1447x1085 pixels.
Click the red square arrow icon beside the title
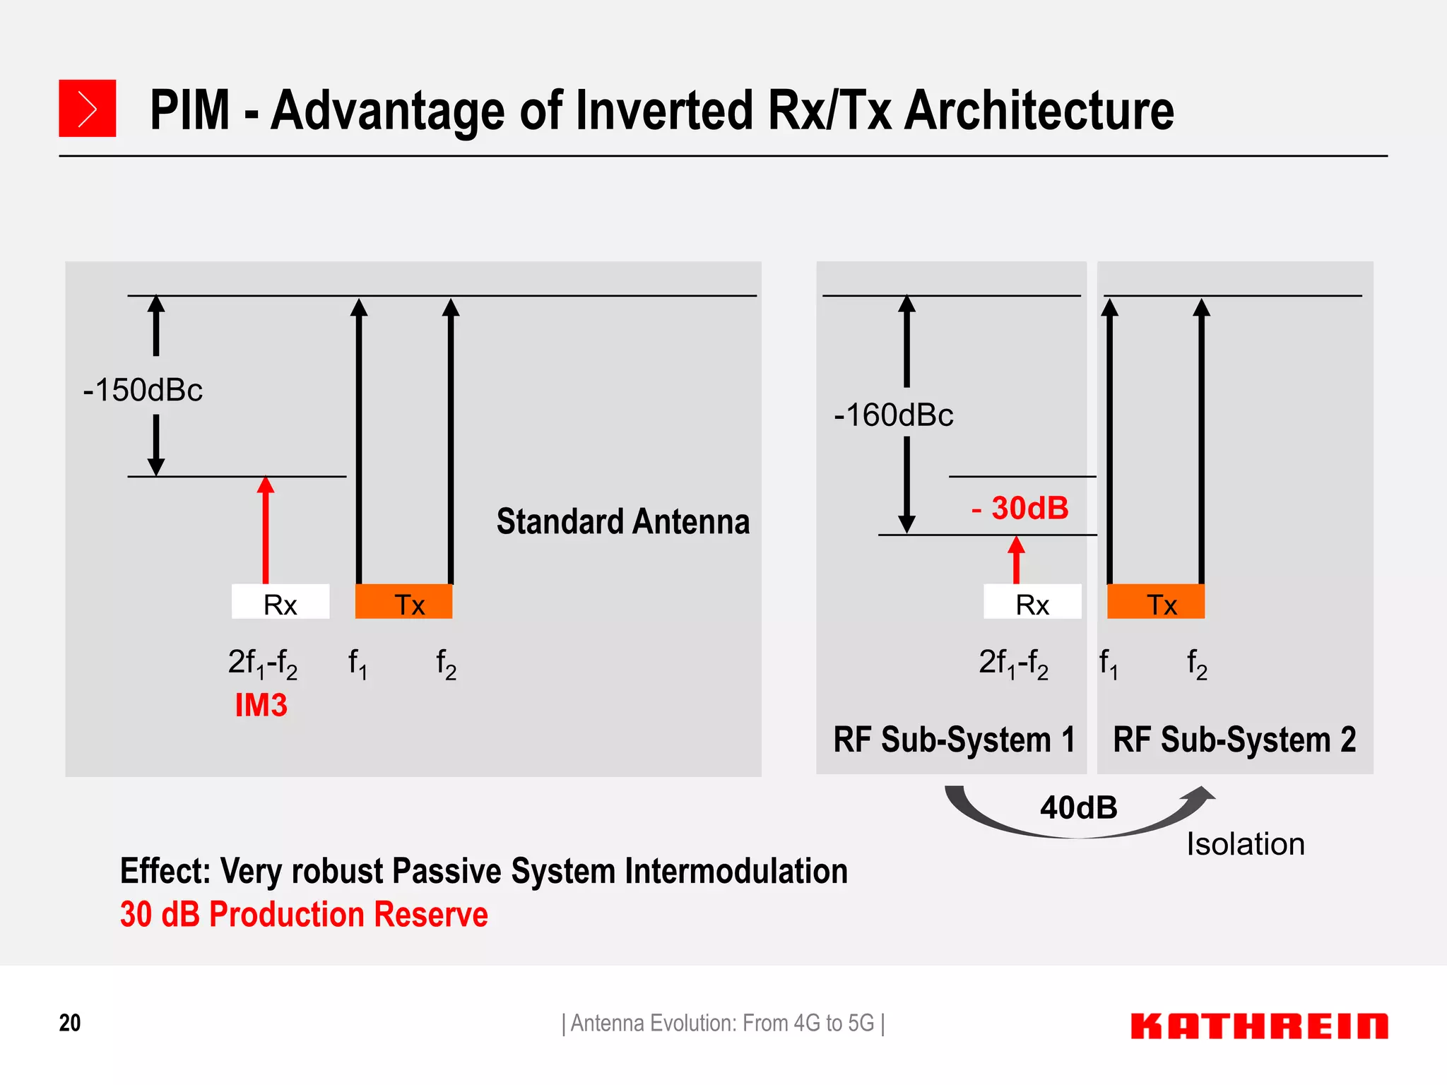(87, 108)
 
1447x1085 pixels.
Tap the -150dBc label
(143, 390)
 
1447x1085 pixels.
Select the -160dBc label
(893, 415)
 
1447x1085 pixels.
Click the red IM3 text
(261, 705)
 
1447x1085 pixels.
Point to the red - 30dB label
(1020, 508)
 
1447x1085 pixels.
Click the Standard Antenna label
(622, 522)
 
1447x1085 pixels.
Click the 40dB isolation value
(1078, 807)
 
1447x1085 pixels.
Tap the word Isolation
(1245, 844)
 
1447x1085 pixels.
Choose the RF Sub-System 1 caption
(954, 740)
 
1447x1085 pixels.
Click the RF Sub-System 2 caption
(1234, 740)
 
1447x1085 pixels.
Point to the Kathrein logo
(1258, 1026)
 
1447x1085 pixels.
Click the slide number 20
(70, 1023)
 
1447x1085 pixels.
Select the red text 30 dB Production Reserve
(304, 914)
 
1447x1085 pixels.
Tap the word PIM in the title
(190, 110)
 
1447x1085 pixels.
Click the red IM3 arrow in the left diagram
(266, 530)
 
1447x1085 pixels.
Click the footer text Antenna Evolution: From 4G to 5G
(723, 1023)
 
